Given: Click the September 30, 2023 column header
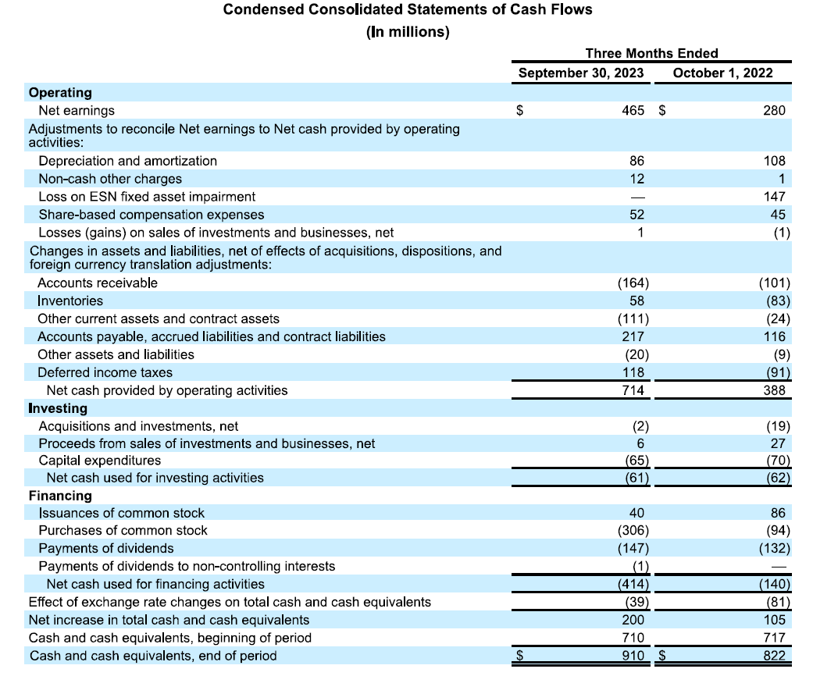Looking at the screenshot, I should [581, 73].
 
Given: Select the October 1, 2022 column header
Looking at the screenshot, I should [722, 73].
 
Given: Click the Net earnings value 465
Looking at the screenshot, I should [633, 111].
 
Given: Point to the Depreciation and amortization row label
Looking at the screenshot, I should [127, 161].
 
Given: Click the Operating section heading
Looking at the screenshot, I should [60, 93].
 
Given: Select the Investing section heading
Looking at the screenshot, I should [58, 408].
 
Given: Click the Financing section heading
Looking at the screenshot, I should [60, 496].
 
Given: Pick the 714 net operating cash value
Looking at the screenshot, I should [633, 390].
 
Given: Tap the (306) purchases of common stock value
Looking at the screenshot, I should [633, 530].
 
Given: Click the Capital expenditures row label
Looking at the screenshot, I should [100, 461].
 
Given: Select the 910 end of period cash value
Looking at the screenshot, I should [633, 656].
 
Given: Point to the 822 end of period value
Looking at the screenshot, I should [774, 656].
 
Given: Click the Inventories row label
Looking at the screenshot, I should [70, 301].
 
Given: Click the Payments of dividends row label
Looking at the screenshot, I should [106, 548].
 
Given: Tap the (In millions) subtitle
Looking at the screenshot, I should [407, 32].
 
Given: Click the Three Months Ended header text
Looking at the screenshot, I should [651, 53].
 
